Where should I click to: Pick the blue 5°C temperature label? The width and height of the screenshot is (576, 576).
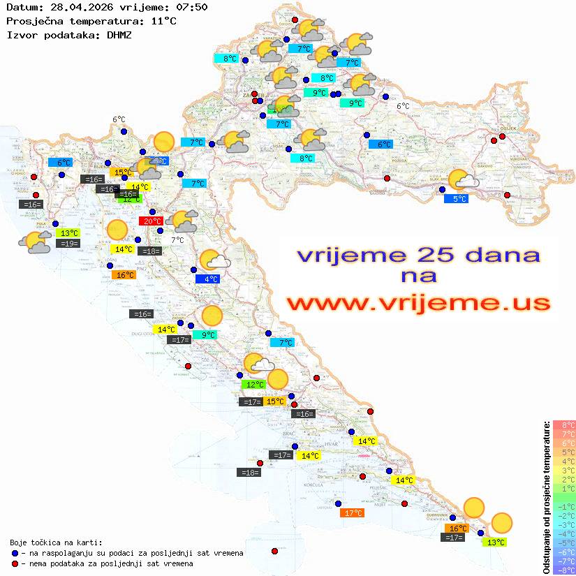click(456, 199)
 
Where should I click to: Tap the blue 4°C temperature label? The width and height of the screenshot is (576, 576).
click(207, 279)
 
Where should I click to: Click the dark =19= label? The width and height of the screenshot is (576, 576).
click(68, 244)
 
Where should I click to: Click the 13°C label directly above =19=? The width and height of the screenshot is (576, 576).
click(68, 233)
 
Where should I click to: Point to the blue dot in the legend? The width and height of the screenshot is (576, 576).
click(15, 553)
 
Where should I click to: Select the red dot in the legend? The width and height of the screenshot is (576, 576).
click(15, 563)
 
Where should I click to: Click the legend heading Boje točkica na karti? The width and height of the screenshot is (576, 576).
click(56, 542)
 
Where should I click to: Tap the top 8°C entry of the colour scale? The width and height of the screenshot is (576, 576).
click(564, 424)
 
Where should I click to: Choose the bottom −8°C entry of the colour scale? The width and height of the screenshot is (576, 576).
click(564, 570)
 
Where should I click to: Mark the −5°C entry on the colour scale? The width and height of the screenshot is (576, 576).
click(564, 542)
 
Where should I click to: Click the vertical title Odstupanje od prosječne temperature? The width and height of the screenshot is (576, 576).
click(547, 497)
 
